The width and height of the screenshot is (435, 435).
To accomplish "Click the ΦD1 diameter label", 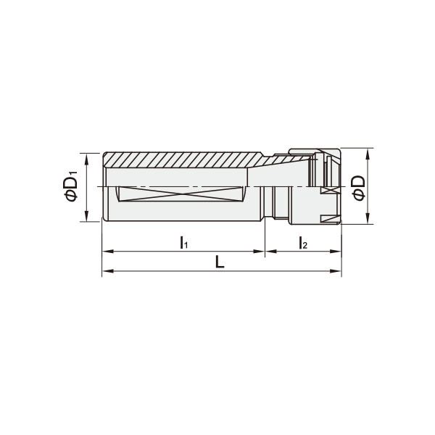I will tap(71, 187).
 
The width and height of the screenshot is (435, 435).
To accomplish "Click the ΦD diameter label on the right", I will tap(357, 186).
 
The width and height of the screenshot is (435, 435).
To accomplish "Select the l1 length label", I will tap(184, 242).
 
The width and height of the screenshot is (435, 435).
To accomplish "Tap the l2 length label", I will tap(302, 242).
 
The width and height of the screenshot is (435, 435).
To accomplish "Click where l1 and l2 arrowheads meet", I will tap(265, 252).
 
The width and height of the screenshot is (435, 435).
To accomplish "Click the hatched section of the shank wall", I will tap(181, 159).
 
